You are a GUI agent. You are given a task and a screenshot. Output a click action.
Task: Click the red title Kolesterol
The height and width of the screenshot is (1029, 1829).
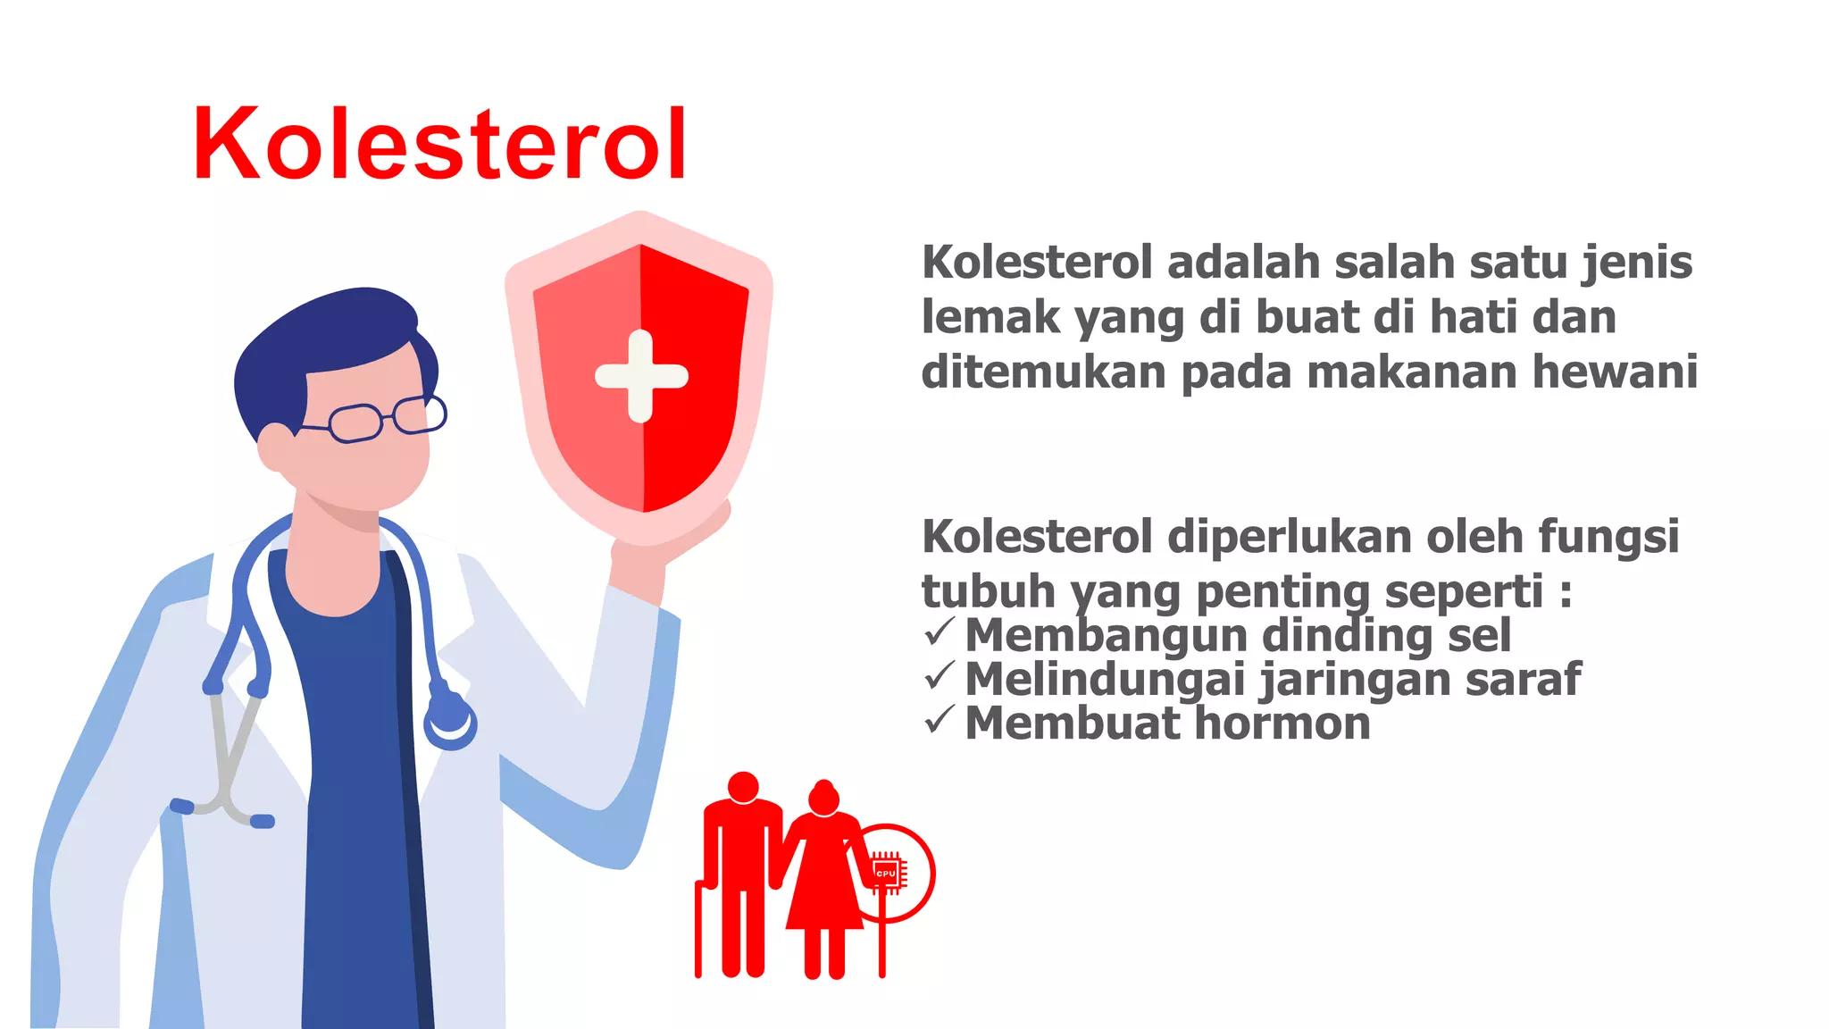pyautogui.click(x=439, y=145)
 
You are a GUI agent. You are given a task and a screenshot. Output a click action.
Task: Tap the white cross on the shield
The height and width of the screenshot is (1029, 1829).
pyautogui.click(x=641, y=376)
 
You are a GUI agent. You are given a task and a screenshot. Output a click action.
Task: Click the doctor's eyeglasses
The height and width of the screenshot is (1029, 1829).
pyautogui.click(x=384, y=419)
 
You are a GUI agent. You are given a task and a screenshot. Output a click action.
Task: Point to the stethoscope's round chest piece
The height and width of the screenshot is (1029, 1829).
pyautogui.click(x=450, y=719)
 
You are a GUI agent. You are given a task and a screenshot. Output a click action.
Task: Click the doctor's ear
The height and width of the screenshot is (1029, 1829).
pyautogui.click(x=275, y=447)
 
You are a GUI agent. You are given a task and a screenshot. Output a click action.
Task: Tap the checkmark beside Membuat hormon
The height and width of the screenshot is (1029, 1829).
pyautogui.click(x=940, y=719)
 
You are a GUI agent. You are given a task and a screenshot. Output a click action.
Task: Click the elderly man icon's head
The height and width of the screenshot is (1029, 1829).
pyautogui.click(x=742, y=787)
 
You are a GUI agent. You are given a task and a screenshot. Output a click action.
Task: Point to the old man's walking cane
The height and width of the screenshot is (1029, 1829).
pyautogui.click(x=699, y=929)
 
